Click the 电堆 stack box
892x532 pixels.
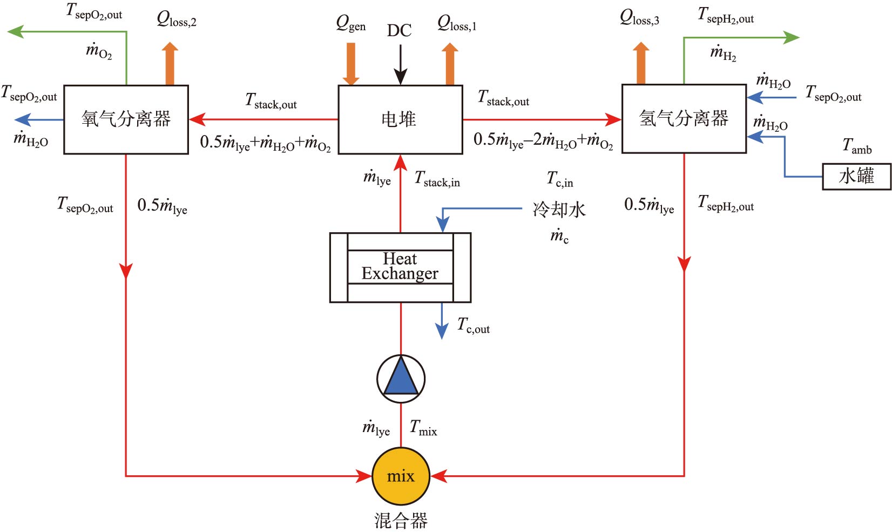coord(400,119)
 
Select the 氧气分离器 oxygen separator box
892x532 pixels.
coord(126,119)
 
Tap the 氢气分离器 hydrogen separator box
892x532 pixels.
coord(684,119)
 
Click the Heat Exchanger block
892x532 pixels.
coord(400,267)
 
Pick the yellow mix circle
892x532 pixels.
coord(401,476)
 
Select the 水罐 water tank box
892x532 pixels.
coord(856,177)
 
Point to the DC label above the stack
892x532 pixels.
coord(399,30)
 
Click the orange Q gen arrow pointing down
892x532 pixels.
coord(351,63)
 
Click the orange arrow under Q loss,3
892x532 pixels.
coord(641,63)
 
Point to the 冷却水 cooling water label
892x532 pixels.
coord(559,210)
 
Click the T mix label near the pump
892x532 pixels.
coord(423,428)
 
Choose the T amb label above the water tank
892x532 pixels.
coord(857,146)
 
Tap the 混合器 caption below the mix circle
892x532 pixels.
coord(401,521)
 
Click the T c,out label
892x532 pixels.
coord(473,325)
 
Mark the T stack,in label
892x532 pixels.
coord(437,179)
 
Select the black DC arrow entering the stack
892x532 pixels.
coord(400,65)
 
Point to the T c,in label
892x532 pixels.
coord(560,179)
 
